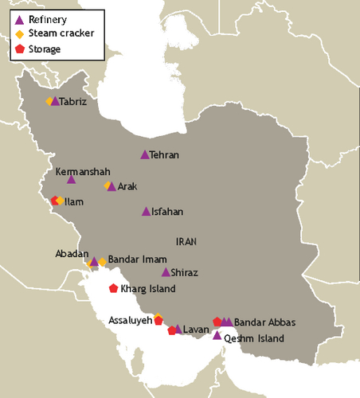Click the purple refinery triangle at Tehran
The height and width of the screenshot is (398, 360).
pyautogui.click(x=144, y=155)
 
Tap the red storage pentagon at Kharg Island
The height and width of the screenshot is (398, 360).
pyautogui.click(x=113, y=288)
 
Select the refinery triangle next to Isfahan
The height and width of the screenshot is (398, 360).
pyautogui.click(x=146, y=212)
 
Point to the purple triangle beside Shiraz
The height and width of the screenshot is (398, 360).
pyautogui.click(x=166, y=272)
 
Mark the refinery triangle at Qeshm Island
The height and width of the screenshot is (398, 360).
pyautogui.click(x=217, y=336)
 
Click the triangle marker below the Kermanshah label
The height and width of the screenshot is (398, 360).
pyautogui.click(x=72, y=180)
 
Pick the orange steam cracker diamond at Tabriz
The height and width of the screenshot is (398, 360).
pyautogui.click(x=49, y=101)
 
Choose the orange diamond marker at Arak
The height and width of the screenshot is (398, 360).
pyautogui.click(x=107, y=185)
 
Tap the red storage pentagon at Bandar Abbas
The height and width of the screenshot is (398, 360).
pyautogui.click(x=217, y=322)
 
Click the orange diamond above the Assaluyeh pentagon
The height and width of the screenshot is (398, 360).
pyautogui.click(x=158, y=316)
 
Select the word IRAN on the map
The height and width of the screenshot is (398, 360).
pyautogui.click(x=187, y=240)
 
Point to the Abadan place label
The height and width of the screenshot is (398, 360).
pyautogui.click(x=71, y=253)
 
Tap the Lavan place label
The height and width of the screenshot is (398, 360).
pyautogui.click(x=195, y=330)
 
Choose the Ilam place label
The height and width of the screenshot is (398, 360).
pyautogui.click(x=74, y=202)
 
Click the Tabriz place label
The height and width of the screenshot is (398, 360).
pyautogui.click(x=73, y=102)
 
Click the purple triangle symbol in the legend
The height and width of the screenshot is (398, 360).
pyautogui.click(x=20, y=19)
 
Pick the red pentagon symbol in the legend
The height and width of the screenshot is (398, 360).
pyautogui.click(x=20, y=48)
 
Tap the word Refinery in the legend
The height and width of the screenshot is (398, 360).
pyautogui.click(x=47, y=18)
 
